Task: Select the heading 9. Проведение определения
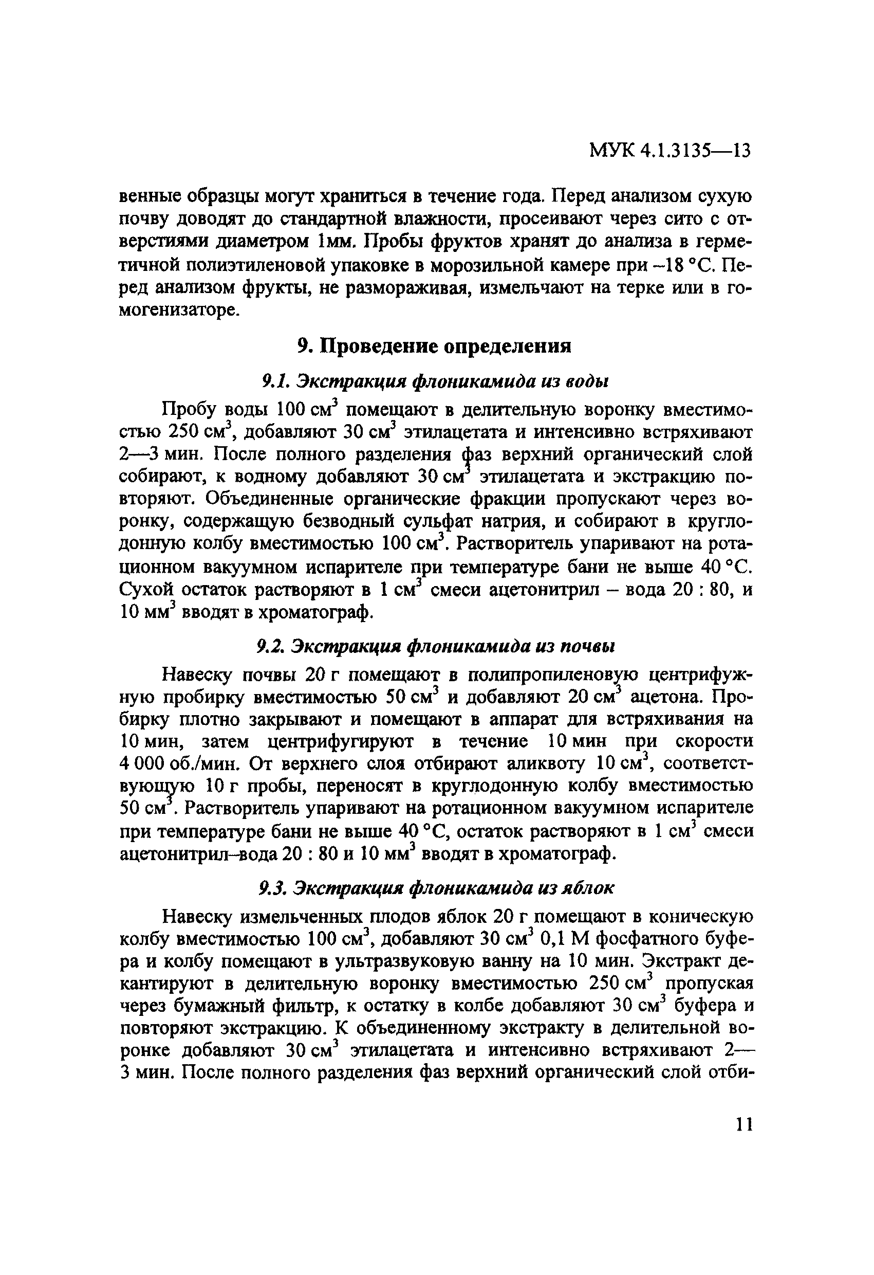coord(435,346)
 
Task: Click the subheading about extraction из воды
coord(435,381)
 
